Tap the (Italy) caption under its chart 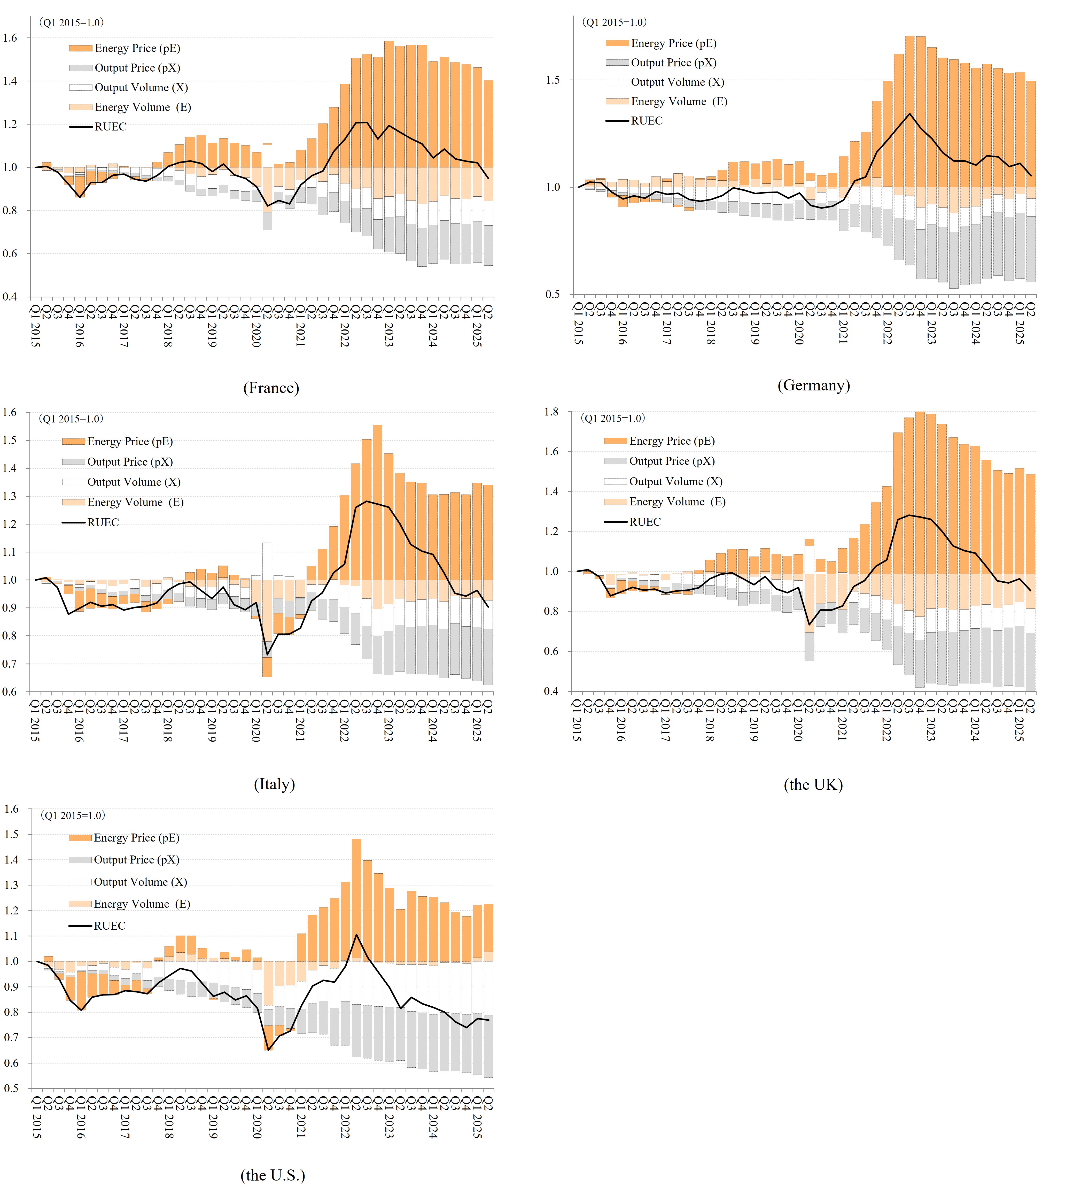click(x=274, y=784)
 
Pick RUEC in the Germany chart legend click(x=647, y=121)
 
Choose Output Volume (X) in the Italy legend click(x=134, y=482)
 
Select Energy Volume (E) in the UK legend click(x=677, y=502)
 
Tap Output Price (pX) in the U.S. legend click(x=136, y=860)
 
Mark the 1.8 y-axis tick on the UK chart click(x=551, y=412)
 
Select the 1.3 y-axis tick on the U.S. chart click(x=12, y=885)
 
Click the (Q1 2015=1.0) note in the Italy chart click(x=71, y=419)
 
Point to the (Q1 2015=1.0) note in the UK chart click(x=613, y=419)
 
